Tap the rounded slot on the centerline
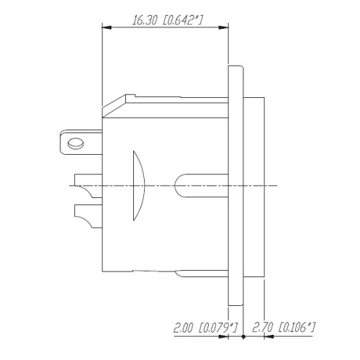pyautogui.click(x=202, y=185)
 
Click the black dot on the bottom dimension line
pyautogui.click(x=244, y=336)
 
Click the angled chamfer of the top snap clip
pyautogui.click(x=114, y=105)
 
